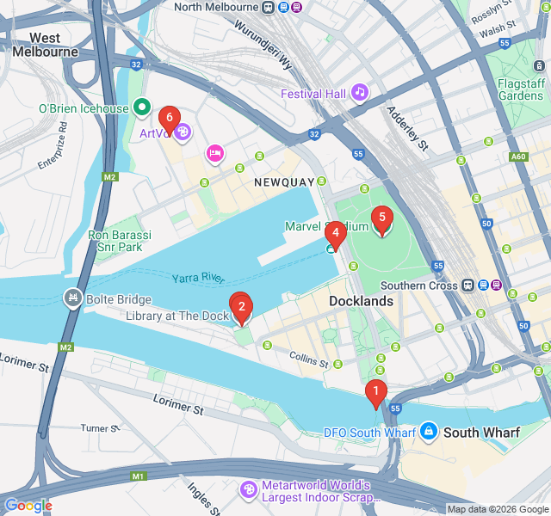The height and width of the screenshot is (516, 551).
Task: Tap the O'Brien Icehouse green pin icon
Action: pyautogui.click(x=142, y=108)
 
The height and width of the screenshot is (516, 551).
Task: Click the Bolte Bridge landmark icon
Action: pyautogui.click(x=73, y=298)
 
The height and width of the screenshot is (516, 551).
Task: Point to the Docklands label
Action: pyautogui.click(x=362, y=301)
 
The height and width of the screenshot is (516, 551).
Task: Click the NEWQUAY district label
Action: pyautogui.click(x=280, y=183)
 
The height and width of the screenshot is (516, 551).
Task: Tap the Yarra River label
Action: pyautogui.click(x=197, y=278)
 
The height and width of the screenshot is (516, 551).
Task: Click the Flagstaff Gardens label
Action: pyautogui.click(x=521, y=89)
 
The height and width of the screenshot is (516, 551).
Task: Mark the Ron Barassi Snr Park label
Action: pyautogui.click(x=120, y=241)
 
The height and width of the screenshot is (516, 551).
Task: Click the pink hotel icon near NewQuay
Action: pyautogui.click(x=214, y=153)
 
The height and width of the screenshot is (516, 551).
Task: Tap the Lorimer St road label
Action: pyautogui.click(x=177, y=401)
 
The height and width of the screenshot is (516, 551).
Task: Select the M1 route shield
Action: pyautogui.click(x=138, y=476)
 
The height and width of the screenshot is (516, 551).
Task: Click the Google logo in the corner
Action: pyautogui.click(x=28, y=506)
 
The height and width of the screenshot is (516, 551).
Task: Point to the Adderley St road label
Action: pyautogui.click(x=407, y=128)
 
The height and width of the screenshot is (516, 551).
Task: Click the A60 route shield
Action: pyautogui.click(x=518, y=157)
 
